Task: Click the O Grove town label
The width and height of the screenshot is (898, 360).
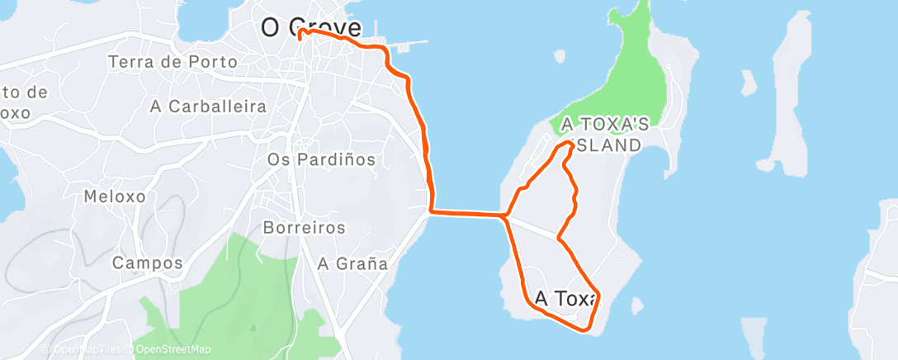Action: coord(311,27)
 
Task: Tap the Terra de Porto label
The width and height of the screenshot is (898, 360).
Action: coord(173,62)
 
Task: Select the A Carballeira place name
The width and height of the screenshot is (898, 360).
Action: coord(209,107)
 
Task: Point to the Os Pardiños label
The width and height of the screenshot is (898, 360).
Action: coord(322,159)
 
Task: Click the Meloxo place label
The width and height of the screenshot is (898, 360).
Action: coord(115,197)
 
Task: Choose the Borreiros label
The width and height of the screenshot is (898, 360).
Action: coord(304,227)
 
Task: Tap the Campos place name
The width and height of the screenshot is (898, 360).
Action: coord(147,263)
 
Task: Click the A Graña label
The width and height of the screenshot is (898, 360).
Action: coord(352,264)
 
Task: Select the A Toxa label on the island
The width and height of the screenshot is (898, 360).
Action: coord(565,298)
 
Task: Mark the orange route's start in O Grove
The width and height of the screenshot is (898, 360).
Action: coord(300,31)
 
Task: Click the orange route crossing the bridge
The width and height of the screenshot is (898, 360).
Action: coord(466,214)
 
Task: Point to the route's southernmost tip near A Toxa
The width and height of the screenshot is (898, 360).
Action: coord(585,331)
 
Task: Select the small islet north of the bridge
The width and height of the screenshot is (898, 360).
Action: coord(559,56)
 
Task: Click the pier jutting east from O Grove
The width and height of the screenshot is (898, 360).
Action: coord(409,42)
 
